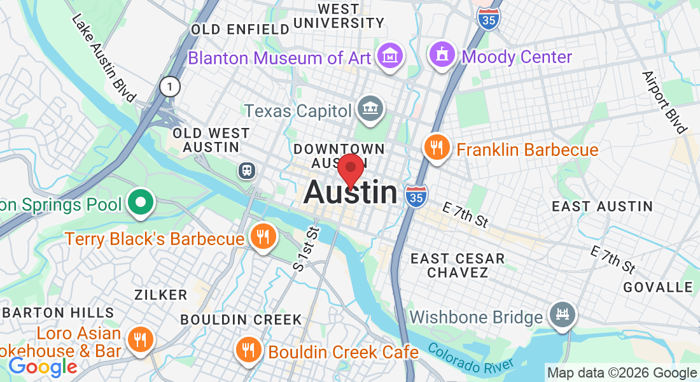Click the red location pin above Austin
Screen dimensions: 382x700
pos(350,170)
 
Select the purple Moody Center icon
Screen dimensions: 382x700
pos(441,55)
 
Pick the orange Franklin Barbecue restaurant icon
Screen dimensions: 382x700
pos(436,148)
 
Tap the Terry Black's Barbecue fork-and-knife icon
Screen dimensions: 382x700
pos(262,237)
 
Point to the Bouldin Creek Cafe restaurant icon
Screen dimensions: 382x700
pos(247,350)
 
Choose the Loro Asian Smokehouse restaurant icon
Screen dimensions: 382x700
pos(138,339)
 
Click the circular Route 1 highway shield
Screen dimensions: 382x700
pos(169,86)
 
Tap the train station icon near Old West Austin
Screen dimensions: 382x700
pos(246,171)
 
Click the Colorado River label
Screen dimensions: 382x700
pos(470,358)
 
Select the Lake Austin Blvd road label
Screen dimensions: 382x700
pos(104,58)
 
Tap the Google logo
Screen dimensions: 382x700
pos(43,367)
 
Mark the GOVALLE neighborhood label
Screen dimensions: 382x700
pos(657,287)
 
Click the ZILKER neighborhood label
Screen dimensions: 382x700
pos(161,295)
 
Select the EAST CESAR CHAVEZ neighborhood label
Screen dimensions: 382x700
pos(458,265)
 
